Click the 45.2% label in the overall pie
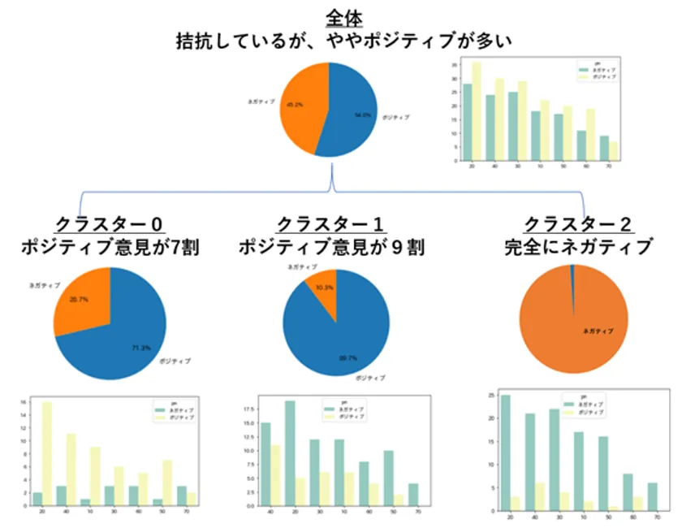[x=295, y=104]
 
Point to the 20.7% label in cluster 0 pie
[x=79, y=300]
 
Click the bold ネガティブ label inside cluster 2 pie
[x=598, y=331]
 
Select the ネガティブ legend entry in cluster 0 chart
[x=176, y=411]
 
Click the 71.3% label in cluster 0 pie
[x=140, y=348]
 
